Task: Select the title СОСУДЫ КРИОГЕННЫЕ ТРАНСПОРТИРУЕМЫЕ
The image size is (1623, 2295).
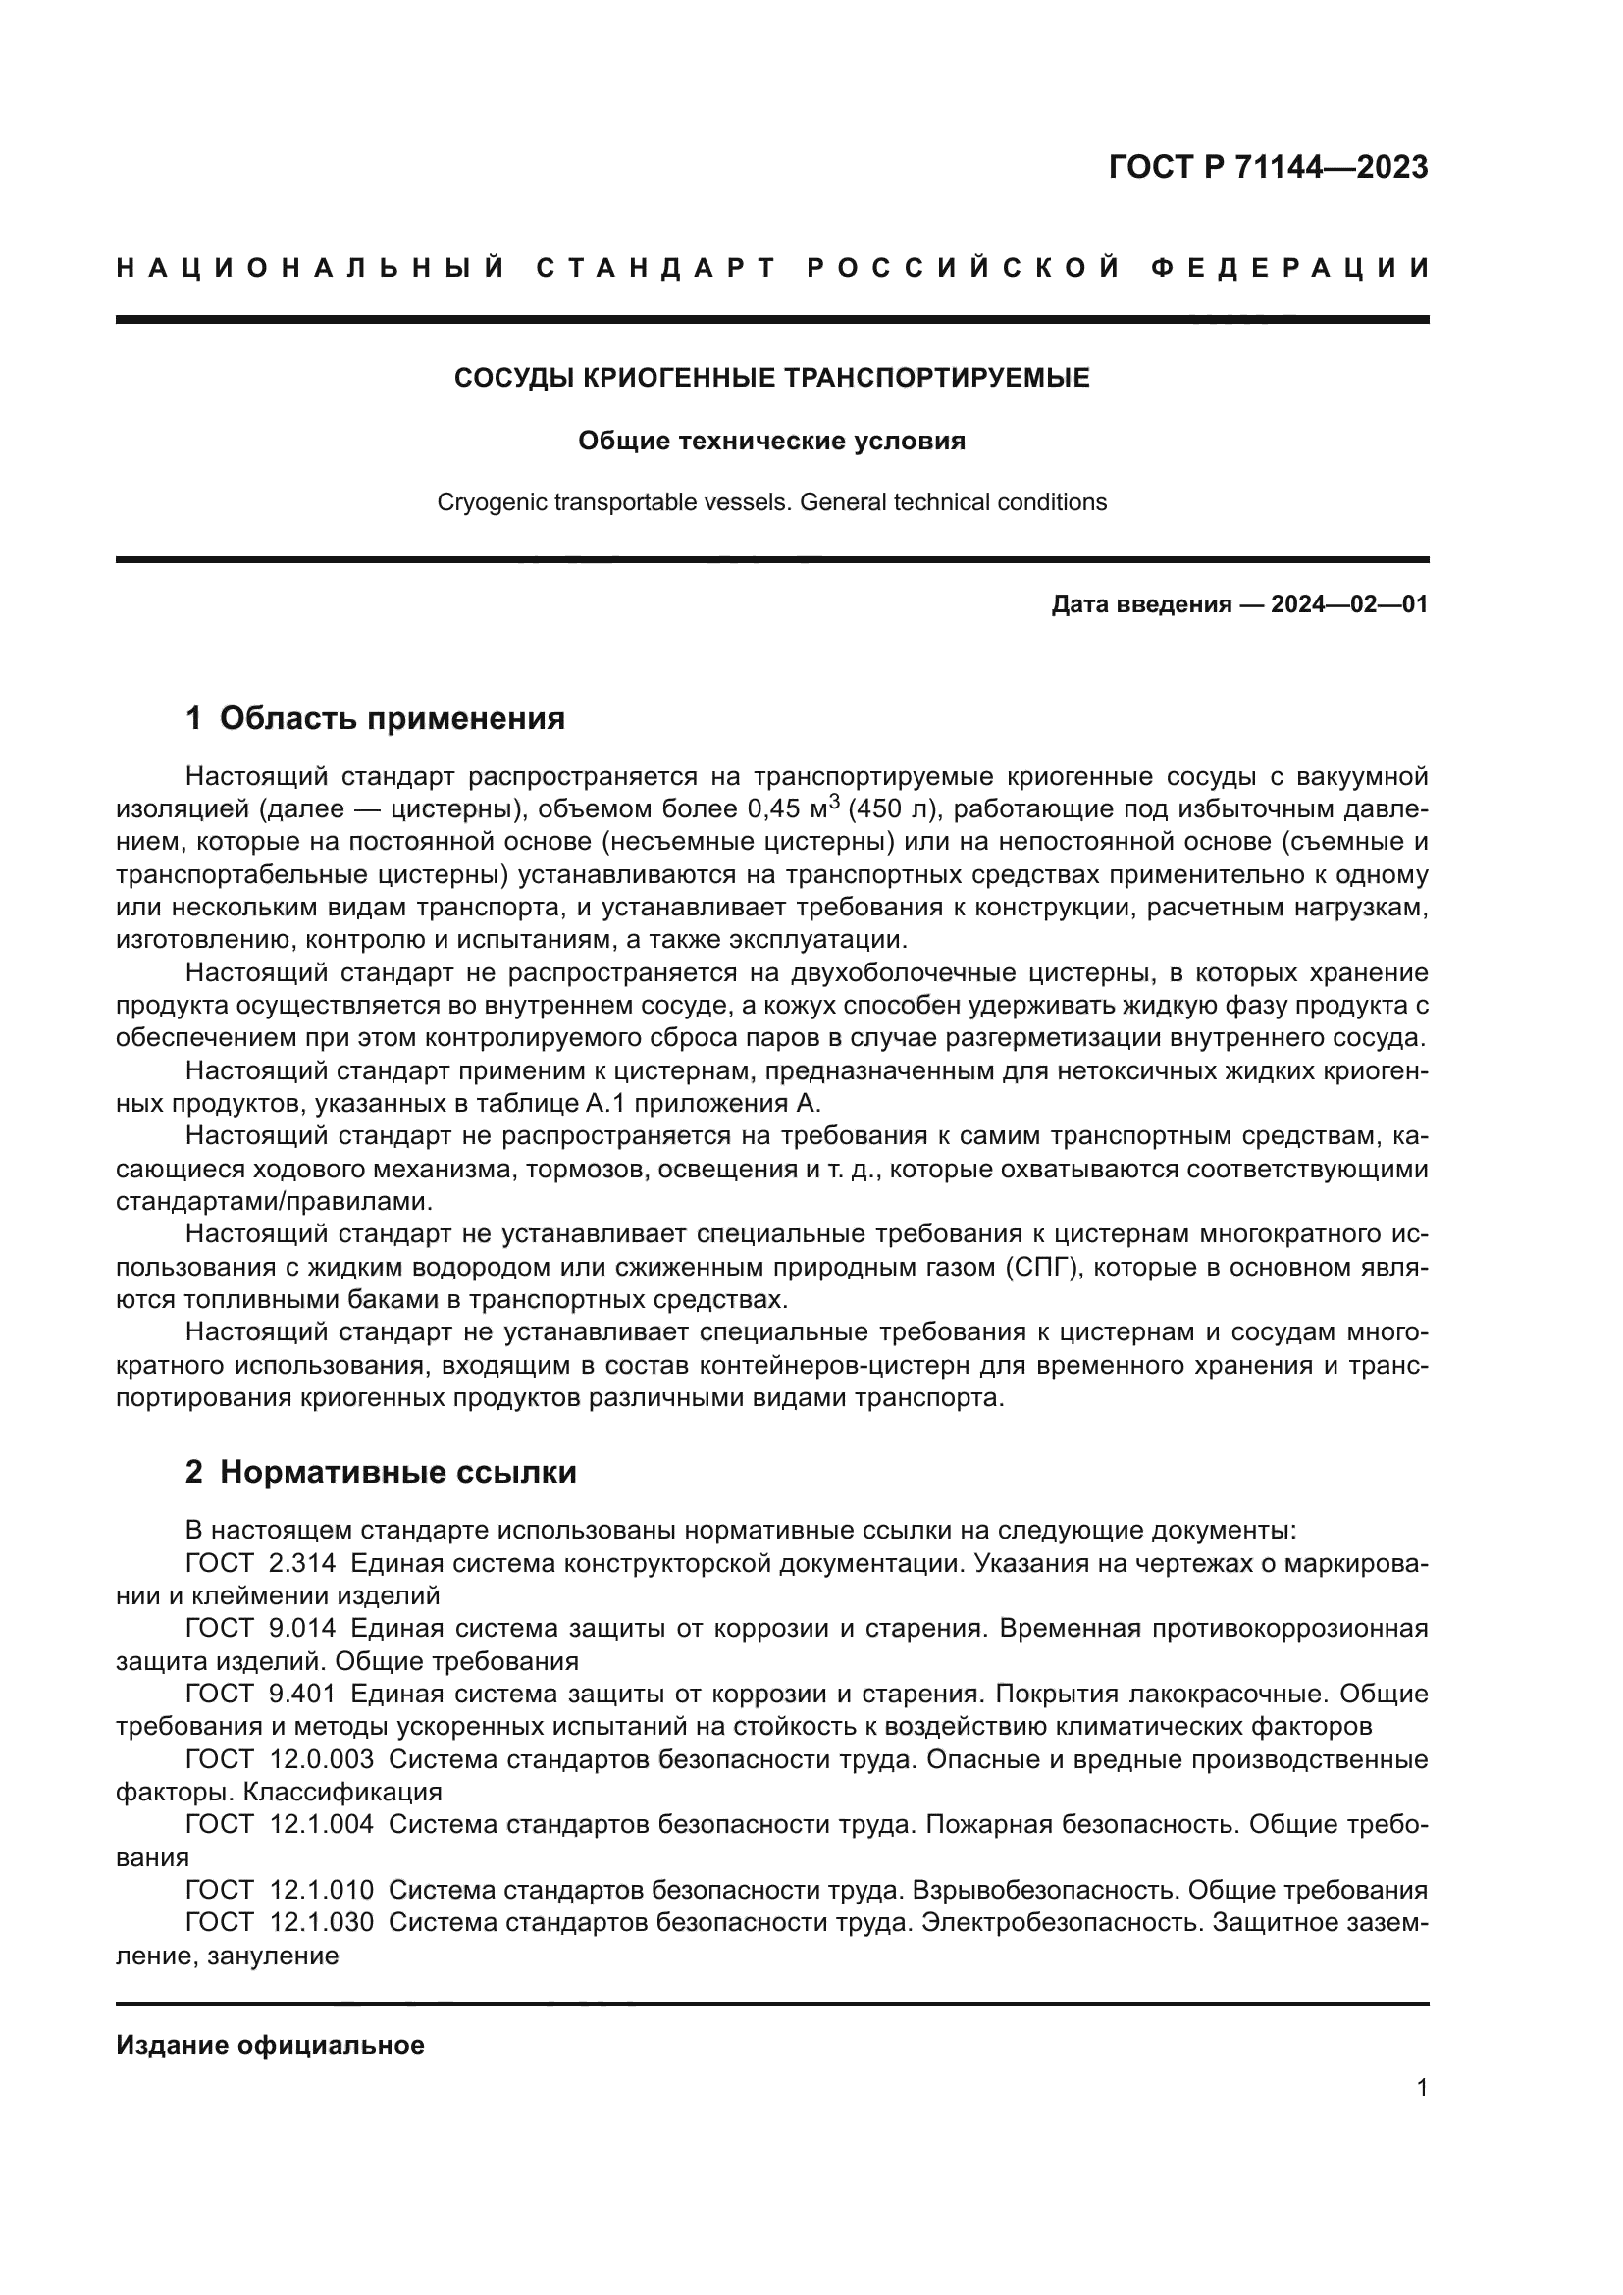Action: tap(771, 378)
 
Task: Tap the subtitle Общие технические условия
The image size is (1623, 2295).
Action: tap(771, 441)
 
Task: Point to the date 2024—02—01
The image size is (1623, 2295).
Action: tap(1349, 603)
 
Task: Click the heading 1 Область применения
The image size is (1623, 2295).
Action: tap(376, 717)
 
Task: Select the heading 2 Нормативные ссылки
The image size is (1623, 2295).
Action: tap(381, 1472)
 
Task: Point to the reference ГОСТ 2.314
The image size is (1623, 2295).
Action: tap(261, 1563)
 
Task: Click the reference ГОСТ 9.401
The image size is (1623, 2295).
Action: tap(261, 1694)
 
